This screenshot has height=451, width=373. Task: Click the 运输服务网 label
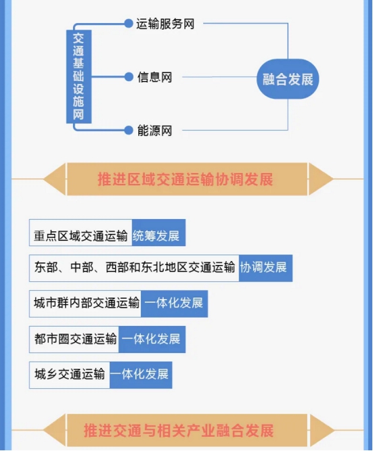pos(165,24)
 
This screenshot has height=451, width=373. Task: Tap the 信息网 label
pos(154,77)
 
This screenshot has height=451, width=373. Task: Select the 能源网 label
pos(154,130)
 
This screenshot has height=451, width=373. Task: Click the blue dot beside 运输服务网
pos(129,24)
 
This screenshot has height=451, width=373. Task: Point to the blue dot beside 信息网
pos(129,77)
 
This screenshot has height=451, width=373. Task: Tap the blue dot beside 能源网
pos(129,130)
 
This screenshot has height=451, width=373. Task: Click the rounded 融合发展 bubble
pos(288,79)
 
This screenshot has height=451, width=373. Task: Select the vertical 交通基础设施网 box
pos(79,77)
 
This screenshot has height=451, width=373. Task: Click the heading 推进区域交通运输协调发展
pos(185,179)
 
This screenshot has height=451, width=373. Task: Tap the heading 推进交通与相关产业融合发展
pos(179,431)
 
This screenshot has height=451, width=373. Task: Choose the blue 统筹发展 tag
pos(158,233)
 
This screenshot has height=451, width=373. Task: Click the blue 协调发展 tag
pos(265,268)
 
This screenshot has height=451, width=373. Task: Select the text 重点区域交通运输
pos(81,236)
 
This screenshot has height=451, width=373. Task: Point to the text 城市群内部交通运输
pos(87,303)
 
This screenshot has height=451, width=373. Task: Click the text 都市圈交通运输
pos(75,339)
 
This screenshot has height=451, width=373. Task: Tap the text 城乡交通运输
pos(70,374)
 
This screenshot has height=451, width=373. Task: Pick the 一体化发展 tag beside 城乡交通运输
pos(141,375)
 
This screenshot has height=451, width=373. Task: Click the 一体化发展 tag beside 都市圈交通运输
pos(152,339)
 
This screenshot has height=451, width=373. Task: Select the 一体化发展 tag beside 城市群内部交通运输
pos(174,304)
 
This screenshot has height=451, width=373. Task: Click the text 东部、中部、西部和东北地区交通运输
pos(135,268)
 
